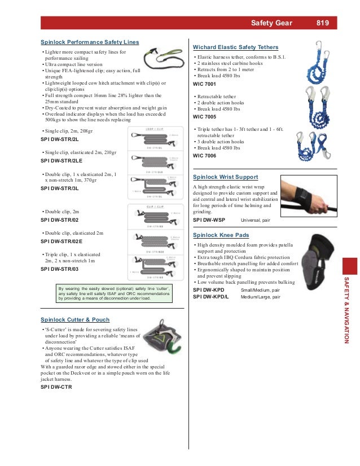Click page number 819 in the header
click(323, 23)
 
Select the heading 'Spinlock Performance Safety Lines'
click(90, 42)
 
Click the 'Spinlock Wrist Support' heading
click(225, 177)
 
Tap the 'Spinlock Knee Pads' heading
click(221, 235)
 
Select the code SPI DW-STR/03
click(60, 269)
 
